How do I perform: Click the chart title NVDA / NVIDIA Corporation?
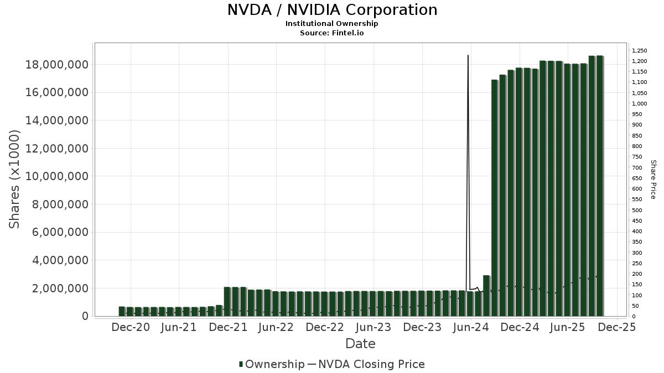(x=332, y=10)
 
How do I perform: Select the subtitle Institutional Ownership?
(x=332, y=24)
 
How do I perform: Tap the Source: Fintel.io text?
(x=332, y=33)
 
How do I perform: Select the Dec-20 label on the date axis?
(x=131, y=327)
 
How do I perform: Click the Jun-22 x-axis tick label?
(x=276, y=327)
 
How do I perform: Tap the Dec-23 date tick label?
(x=422, y=327)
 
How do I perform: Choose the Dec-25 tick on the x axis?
(x=616, y=327)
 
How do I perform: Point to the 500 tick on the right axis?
(x=637, y=210)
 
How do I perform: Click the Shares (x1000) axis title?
(x=14, y=179)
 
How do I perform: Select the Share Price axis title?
(x=653, y=179)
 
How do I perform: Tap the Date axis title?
(x=360, y=344)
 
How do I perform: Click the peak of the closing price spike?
(x=469, y=56)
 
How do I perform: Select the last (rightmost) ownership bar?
(x=600, y=186)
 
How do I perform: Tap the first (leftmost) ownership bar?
(x=122, y=311)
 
